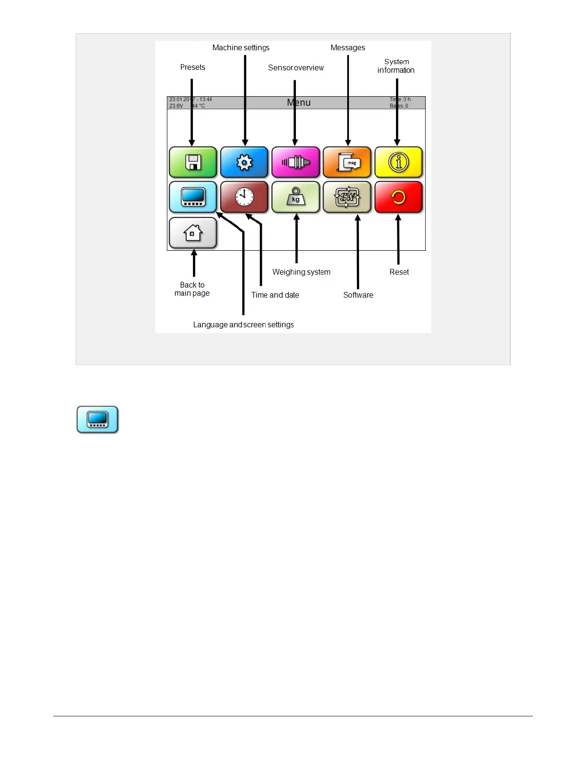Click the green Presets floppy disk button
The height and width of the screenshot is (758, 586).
[x=193, y=162]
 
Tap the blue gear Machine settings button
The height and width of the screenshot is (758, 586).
[x=244, y=162]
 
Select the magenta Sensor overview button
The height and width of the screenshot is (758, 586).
[x=295, y=162]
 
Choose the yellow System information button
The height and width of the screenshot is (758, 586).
[x=398, y=162]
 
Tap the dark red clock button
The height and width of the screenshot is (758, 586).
[x=244, y=197]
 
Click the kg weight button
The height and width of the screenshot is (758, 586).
[x=295, y=197]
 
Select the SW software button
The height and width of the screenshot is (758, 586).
[x=347, y=197]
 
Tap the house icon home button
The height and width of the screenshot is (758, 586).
[x=193, y=233]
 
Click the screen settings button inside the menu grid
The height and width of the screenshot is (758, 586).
[x=193, y=197]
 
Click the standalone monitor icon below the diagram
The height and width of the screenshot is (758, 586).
[x=98, y=420]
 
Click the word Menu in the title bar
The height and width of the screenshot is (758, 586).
[x=299, y=102]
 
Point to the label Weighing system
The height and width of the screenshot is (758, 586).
[x=301, y=272]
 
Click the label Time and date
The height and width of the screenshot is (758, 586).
[x=275, y=295]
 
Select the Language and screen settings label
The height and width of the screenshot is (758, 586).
[x=243, y=324]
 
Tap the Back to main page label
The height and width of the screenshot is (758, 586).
[x=192, y=289]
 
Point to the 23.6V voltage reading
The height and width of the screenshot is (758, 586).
[x=176, y=106]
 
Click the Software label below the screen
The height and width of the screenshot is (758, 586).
[x=358, y=295]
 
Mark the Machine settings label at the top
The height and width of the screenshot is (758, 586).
[x=241, y=47]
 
